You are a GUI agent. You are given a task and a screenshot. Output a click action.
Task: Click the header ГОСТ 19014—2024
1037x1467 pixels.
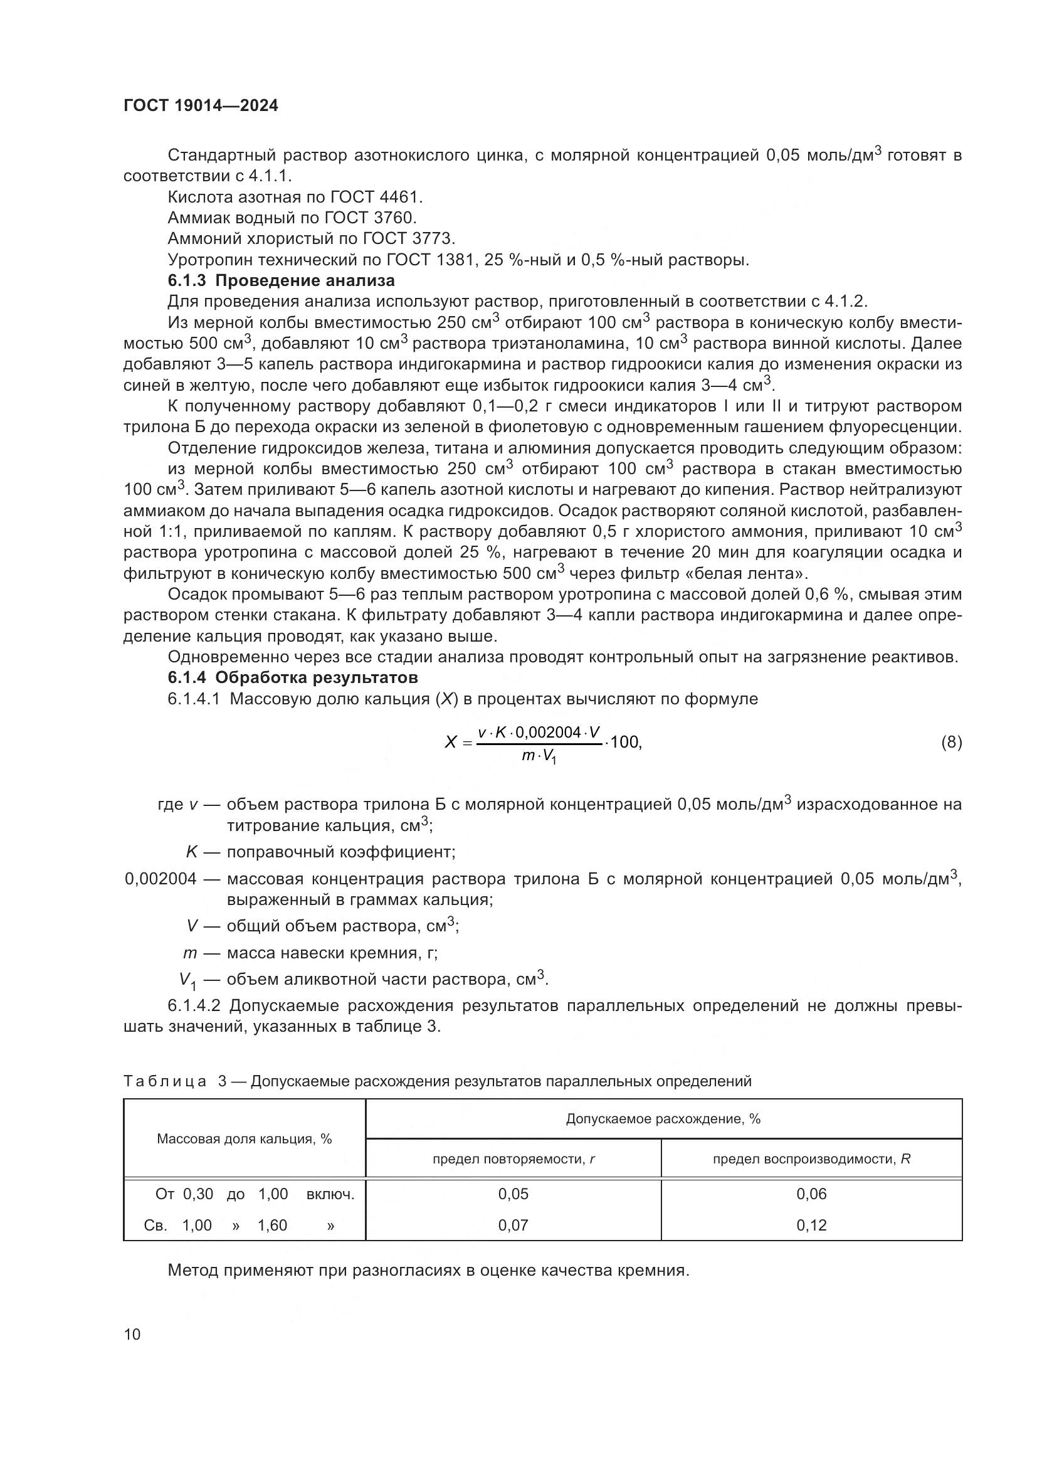coord(201,106)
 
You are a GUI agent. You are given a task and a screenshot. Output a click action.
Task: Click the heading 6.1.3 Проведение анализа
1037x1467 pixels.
coord(281,280)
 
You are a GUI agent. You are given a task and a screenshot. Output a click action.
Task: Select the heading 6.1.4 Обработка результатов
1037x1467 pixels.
coord(292,677)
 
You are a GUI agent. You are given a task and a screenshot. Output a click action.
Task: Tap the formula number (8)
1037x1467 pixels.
coord(951,742)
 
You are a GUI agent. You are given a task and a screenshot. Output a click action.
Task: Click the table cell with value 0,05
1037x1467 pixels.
coord(513,1194)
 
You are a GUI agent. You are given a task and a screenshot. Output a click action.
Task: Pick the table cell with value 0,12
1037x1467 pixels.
coord(811,1225)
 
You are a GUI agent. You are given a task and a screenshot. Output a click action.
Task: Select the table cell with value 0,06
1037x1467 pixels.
coord(811,1194)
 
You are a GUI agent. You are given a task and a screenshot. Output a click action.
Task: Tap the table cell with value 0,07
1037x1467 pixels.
coord(513,1225)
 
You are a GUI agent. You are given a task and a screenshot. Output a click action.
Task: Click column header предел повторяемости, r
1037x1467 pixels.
coord(513,1159)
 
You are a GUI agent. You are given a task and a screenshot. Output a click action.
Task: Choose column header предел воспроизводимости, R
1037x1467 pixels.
coord(811,1159)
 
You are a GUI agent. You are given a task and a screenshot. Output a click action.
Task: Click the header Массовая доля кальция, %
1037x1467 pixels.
coord(244,1139)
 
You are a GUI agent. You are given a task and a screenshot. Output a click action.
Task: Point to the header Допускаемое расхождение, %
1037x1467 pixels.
coord(663,1119)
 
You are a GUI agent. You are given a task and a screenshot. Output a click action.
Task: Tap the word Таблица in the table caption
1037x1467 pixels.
coord(165,1081)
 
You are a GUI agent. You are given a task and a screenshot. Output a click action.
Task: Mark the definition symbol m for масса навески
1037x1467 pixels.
coord(189,953)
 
